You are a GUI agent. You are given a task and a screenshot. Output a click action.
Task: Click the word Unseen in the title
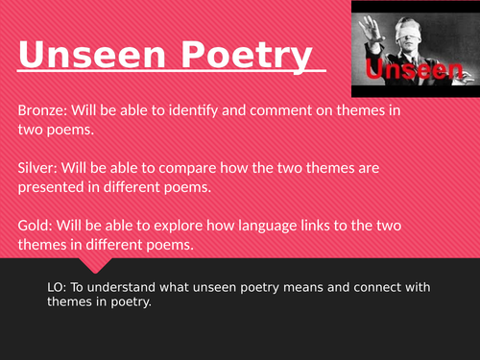[x=78, y=55]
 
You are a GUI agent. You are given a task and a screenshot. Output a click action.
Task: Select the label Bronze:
[x=42, y=111]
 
